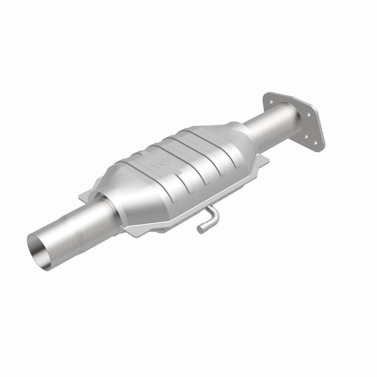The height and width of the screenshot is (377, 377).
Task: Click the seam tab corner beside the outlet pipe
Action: point(264,159)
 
